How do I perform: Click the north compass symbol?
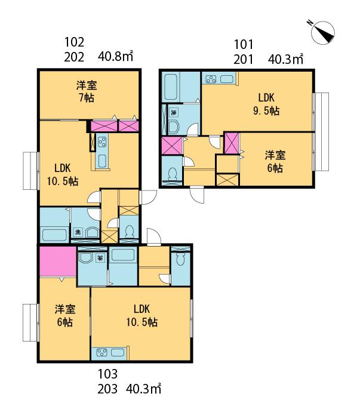[322, 33]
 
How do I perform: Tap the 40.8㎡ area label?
[115, 56]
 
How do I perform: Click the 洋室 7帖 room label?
[87, 91]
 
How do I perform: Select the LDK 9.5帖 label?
[266, 104]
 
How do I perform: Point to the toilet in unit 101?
[172, 174]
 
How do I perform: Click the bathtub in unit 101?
[171, 88]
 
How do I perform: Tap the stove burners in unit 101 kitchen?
[211, 79]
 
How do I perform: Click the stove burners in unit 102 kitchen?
[102, 142]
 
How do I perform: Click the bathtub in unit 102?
[54, 235]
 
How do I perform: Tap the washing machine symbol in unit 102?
[78, 232]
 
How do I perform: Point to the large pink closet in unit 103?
[58, 262]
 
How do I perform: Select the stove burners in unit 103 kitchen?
[101, 352]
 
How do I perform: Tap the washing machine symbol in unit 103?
[100, 258]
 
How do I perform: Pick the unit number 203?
[107, 389]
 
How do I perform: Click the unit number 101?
[244, 45]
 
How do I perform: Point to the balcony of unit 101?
[321, 131]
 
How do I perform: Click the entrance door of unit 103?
[153, 236]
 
